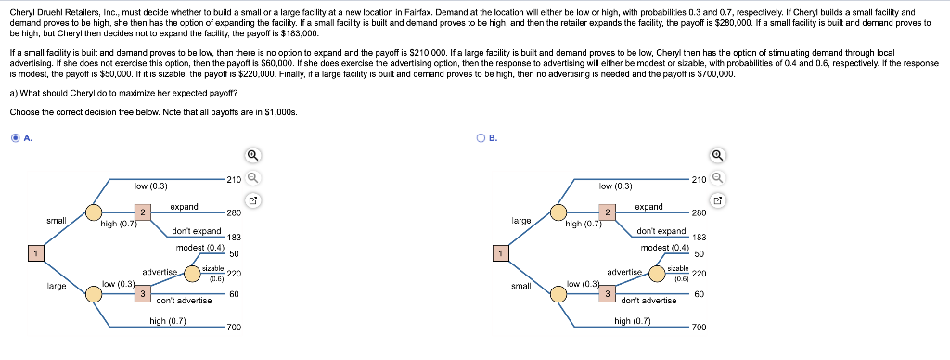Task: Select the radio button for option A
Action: pos(15,138)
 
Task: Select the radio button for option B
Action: pos(480,138)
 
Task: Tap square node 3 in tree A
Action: pos(141,294)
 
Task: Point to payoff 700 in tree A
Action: pos(234,328)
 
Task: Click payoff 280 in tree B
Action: pos(700,212)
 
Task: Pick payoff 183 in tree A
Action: pos(234,238)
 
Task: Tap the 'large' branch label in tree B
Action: pos(521,221)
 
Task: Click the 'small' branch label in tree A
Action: pos(56,221)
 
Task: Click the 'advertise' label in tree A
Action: pos(159,271)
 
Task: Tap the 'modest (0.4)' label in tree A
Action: pos(200,248)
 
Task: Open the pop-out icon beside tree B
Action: pos(716,199)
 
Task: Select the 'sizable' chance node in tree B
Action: pos(678,271)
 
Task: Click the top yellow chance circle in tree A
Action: pos(94,213)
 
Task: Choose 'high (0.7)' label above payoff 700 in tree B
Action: pos(634,321)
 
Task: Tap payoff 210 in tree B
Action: pos(700,179)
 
